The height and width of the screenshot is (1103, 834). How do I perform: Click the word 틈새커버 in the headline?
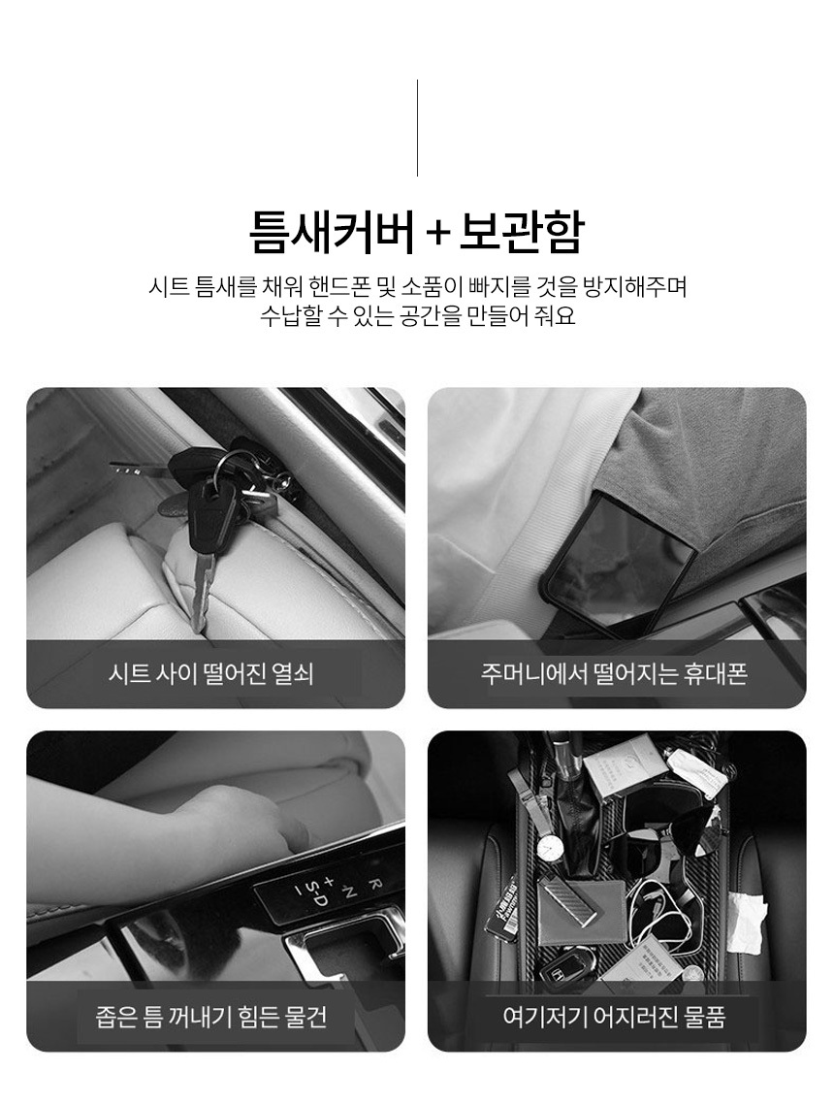pyautogui.click(x=332, y=232)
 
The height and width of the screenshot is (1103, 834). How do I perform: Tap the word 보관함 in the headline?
pyautogui.click(x=521, y=232)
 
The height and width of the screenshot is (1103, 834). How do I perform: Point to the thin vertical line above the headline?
pyautogui.click(x=417, y=127)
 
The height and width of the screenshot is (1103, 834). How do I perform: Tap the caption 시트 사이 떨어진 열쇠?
pyautogui.click(x=211, y=674)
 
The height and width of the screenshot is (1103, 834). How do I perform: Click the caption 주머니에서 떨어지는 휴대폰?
pyautogui.click(x=614, y=674)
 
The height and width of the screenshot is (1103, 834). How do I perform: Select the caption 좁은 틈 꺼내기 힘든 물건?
pyautogui.click(x=211, y=1017)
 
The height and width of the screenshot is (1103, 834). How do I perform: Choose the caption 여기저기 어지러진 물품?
pyautogui.click(x=614, y=1017)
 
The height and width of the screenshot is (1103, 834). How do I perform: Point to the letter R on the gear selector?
pyautogui.click(x=375, y=884)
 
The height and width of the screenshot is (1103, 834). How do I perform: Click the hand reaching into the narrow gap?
pyautogui.click(x=253, y=816)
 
